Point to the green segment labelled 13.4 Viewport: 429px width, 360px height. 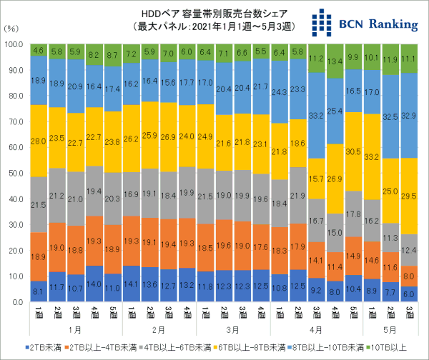(x=334, y=61)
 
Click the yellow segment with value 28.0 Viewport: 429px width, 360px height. (x=39, y=141)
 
